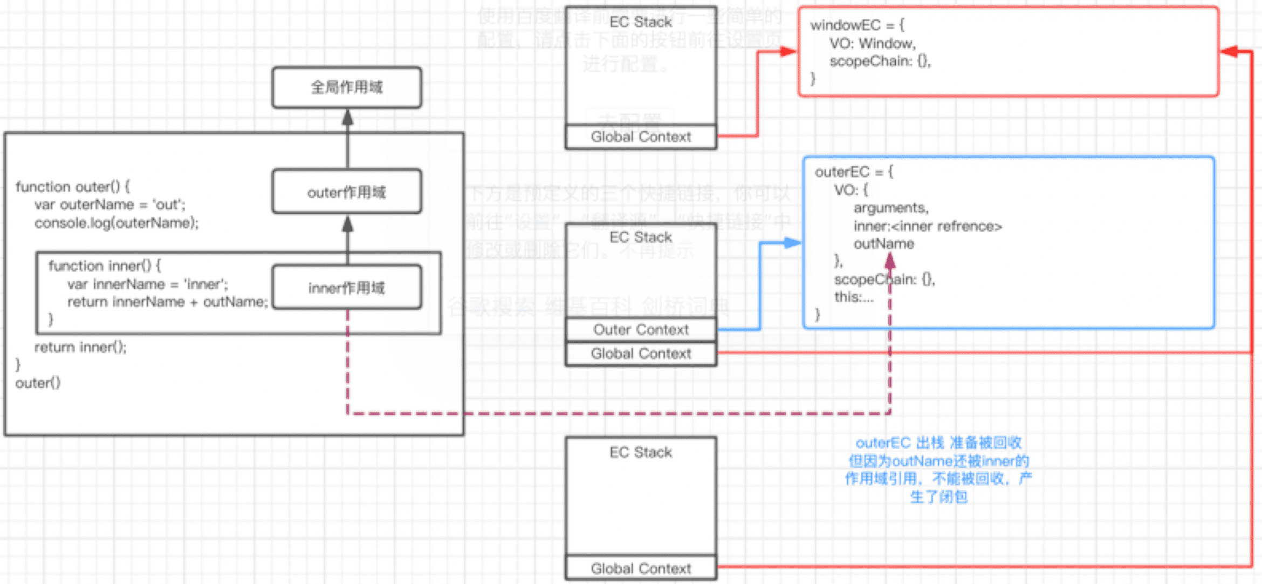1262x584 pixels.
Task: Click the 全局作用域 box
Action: coord(347,87)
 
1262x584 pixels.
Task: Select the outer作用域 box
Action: coord(347,192)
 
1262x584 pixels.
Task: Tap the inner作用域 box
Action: coord(347,288)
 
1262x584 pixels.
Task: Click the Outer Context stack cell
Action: coord(641,330)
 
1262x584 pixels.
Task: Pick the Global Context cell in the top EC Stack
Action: coord(641,137)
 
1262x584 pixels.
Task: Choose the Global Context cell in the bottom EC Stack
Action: coord(641,568)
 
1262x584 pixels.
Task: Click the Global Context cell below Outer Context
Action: coord(641,354)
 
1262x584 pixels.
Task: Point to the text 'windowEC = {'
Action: coord(857,25)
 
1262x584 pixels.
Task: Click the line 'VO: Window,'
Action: coord(872,44)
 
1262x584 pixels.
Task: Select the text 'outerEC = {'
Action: coord(854,172)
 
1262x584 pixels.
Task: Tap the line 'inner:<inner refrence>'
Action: coord(928,226)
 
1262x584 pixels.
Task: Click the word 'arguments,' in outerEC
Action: coord(891,208)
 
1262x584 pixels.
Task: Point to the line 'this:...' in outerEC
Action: coord(854,297)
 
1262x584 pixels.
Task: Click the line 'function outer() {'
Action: coord(73,187)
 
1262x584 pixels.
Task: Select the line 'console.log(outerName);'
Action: coord(116,223)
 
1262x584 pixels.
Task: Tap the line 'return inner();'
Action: coord(80,347)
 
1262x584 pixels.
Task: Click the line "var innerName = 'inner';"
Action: coord(147,284)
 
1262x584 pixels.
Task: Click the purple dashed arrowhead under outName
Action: coord(890,261)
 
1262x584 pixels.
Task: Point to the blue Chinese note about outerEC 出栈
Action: coord(938,470)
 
